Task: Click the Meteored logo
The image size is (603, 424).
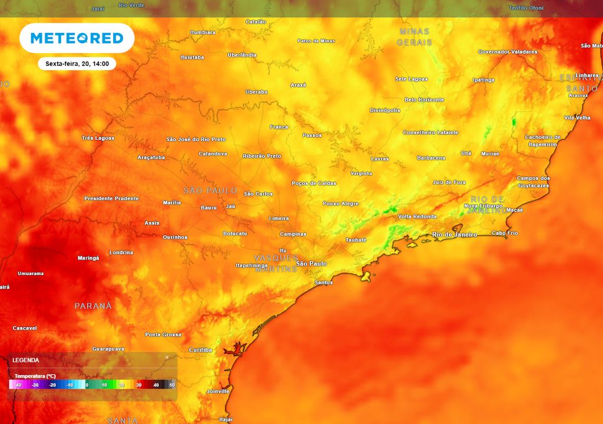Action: pos(77,38)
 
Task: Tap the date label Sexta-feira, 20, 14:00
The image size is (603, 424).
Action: pos(77,64)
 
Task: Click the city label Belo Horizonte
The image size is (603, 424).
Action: pos(424,100)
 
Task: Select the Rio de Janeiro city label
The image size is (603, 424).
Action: pos(455,235)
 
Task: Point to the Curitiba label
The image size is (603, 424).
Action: pos(200,350)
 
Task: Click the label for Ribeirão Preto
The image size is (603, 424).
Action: pos(261,156)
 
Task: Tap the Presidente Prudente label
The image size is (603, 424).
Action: pos(111,198)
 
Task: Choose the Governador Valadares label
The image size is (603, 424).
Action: pos(507,52)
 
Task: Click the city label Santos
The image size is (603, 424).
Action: pos(324,283)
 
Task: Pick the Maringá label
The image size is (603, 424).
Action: pos(88,258)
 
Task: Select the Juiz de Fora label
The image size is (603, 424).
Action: pos(449,183)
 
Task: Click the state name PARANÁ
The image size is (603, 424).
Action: pos(93,306)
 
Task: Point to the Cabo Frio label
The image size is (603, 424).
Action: pos(505,233)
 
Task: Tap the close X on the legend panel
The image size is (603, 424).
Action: pos(167,357)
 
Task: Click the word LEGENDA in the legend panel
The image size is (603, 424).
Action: pos(25,360)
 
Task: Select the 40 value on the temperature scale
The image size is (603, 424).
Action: pos(156,385)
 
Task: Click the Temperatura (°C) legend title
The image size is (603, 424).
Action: pos(35,376)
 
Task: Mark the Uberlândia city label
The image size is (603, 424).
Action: pos(242,55)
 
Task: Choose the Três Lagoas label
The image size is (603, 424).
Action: pos(98,138)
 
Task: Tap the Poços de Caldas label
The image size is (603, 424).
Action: pos(314,183)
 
